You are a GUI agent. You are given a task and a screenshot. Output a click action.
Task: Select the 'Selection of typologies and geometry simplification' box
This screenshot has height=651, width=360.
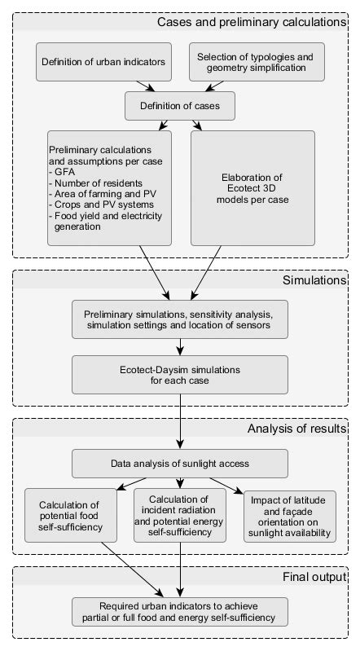tap(257, 63)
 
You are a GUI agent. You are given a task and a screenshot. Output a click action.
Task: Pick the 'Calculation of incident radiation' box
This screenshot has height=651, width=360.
tap(179, 516)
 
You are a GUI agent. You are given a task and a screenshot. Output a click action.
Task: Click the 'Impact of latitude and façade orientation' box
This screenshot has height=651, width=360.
tap(288, 516)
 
